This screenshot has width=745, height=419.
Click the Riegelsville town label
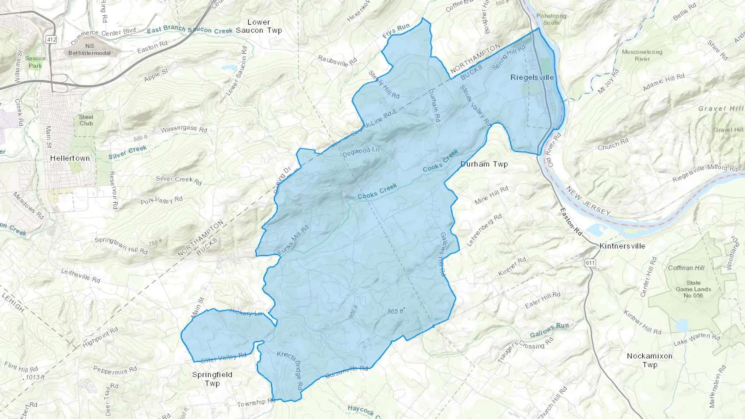532,78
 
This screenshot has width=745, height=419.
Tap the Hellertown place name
70,158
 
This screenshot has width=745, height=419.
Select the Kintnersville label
622,246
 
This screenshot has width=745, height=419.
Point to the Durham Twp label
484,164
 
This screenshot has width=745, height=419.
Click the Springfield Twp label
212,379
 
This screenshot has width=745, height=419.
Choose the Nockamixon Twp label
649,360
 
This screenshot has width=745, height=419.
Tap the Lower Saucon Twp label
259,26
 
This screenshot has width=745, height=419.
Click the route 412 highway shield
51,40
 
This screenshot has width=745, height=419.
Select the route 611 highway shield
590,263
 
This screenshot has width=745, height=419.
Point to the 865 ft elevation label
395,311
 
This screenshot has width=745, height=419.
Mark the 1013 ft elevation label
35,377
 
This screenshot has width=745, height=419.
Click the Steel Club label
86,120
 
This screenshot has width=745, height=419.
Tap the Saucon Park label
35,62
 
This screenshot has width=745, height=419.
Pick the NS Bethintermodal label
89,49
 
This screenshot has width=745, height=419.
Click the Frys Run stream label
396,31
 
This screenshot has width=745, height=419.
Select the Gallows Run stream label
549,330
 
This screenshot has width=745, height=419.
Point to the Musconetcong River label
642,55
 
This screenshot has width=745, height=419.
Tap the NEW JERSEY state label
588,201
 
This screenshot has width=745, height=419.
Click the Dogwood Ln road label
361,152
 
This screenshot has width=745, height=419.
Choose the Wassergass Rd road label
184,129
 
